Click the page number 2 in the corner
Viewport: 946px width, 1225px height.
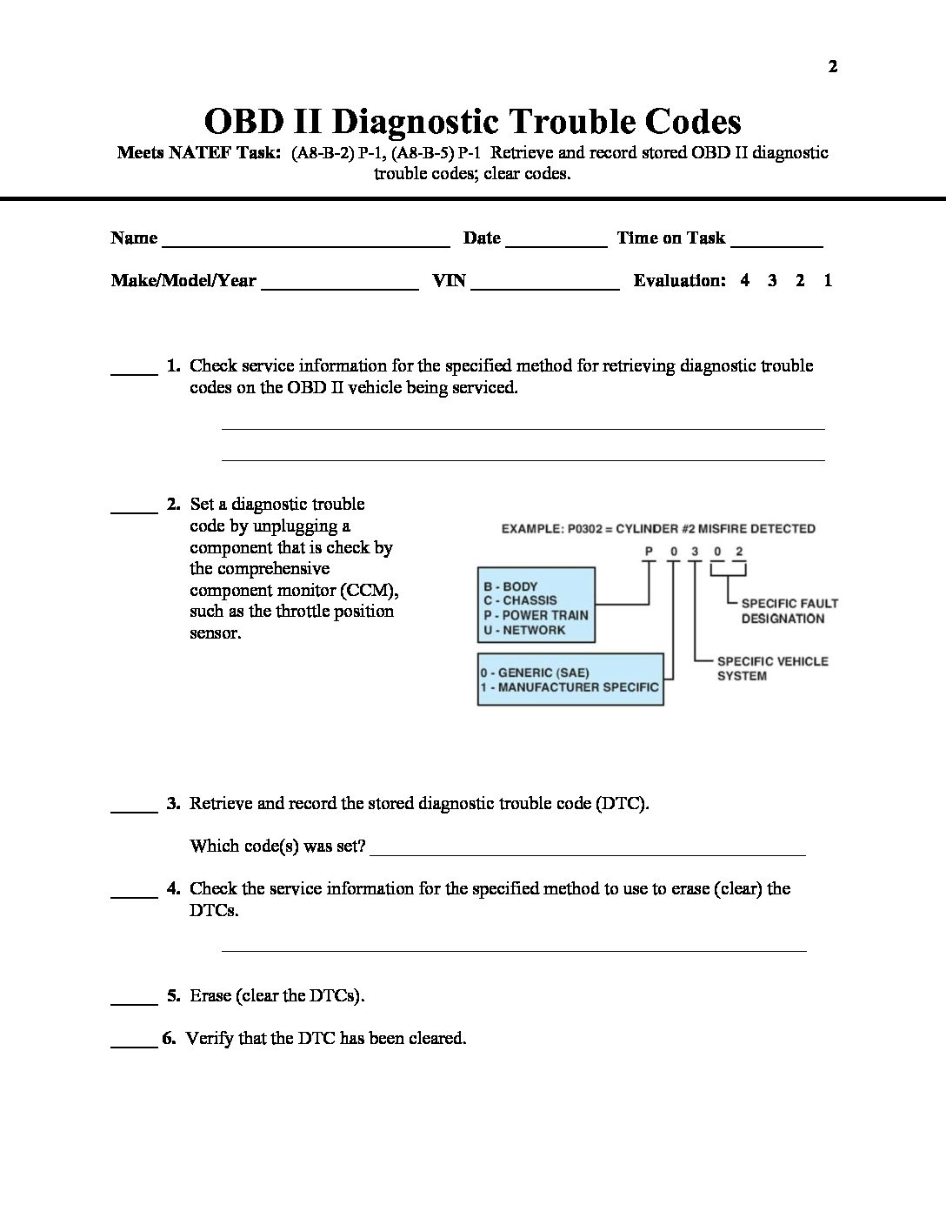click(833, 67)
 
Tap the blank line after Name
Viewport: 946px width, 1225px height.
click(306, 244)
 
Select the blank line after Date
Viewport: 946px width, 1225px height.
click(556, 244)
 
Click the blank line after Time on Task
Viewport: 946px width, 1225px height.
click(776, 244)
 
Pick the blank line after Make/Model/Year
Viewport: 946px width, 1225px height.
click(340, 286)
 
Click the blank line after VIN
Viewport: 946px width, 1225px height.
click(544, 286)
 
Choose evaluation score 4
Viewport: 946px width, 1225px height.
click(745, 280)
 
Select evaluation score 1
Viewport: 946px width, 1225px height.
click(828, 280)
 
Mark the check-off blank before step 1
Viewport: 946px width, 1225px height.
click(134, 372)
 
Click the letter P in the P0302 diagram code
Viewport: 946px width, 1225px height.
click(648, 552)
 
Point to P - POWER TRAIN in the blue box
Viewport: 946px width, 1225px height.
click(536, 615)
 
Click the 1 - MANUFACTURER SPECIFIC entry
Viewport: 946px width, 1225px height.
click(570, 687)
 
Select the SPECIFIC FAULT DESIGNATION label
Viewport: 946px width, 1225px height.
click(789, 611)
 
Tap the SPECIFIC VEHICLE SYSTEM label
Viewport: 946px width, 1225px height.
click(772, 668)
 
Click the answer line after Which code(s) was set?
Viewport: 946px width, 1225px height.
click(588, 853)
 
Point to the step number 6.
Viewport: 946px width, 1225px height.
click(169, 1038)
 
